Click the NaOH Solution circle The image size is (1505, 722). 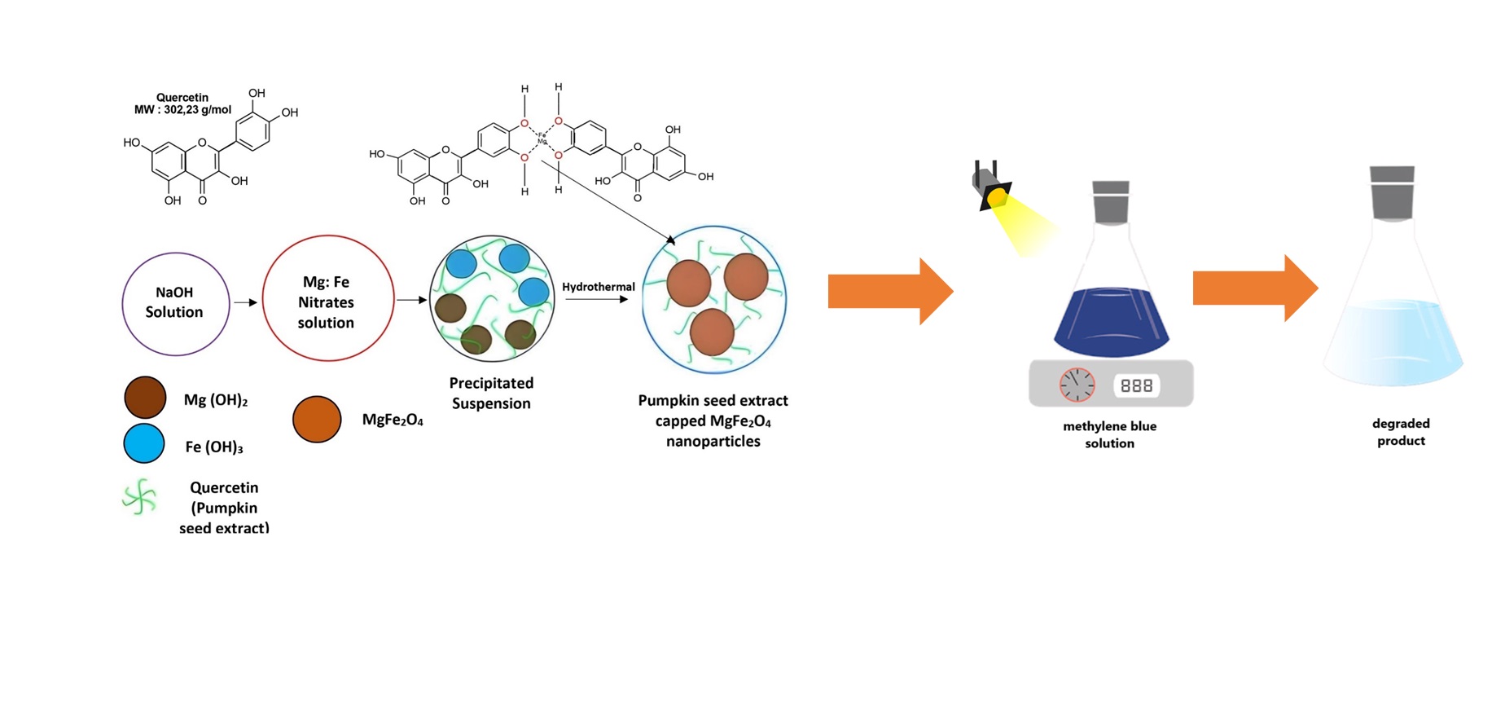tap(175, 303)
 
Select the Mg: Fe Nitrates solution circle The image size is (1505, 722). tap(327, 299)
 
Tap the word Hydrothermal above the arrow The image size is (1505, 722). tap(598, 287)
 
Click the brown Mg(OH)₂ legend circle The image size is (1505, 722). tap(145, 398)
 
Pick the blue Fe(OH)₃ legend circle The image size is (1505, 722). tap(144, 444)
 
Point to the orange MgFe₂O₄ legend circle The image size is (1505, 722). tap(317, 420)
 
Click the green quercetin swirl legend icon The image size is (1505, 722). tap(140, 497)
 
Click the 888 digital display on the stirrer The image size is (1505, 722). tap(1136, 385)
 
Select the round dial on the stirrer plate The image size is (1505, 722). tap(1077, 385)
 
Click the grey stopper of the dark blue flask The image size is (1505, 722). tap(1110, 202)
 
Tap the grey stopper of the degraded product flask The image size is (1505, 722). tap(1392, 192)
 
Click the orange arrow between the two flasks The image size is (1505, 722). tap(1254, 288)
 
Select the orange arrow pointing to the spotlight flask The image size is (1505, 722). tap(889, 292)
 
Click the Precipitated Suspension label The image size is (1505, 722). tap(491, 393)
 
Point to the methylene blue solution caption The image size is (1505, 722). tap(1109, 434)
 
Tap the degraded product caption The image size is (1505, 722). tap(1401, 432)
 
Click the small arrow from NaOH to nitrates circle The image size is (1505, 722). tap(245, 302)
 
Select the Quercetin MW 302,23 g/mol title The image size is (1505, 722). tap(182, 103)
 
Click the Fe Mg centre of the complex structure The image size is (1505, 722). tap(542, 139)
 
